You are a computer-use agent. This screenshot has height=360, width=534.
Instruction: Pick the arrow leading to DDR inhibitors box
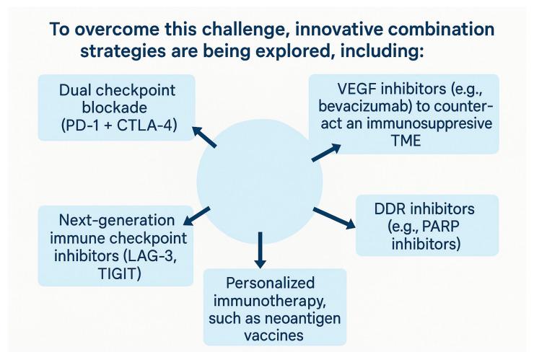[x=335, y=218]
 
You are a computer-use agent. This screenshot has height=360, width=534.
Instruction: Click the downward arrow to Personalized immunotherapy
[x=261, y=251]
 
